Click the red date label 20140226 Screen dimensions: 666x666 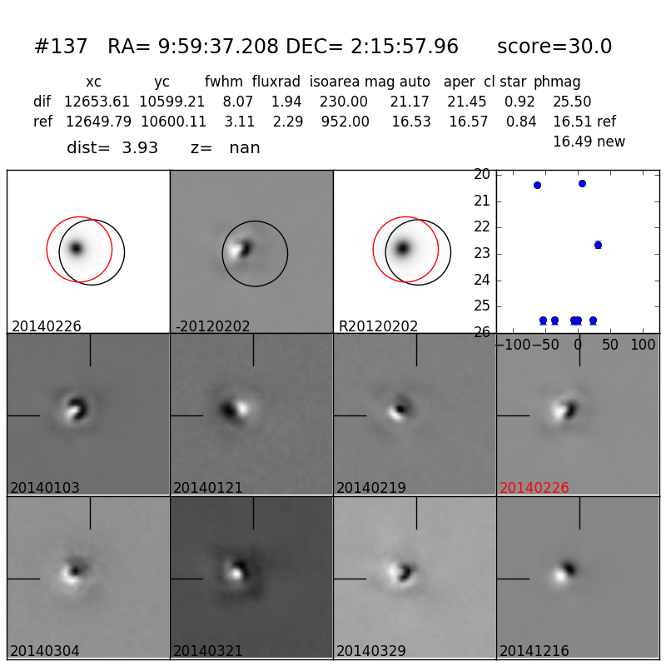(534, 488)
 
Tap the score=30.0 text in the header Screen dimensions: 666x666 (554, 47)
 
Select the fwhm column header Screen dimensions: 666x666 (223, 82)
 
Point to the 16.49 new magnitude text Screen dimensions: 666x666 (589, 142)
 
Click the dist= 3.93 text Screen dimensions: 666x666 (112, 148)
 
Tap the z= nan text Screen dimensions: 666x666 (225, 148)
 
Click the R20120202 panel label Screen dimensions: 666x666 (378, 326)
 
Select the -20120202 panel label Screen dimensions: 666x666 (212, 326)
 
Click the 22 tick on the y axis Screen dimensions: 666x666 (481, 227)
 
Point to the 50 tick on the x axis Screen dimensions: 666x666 (610, 345)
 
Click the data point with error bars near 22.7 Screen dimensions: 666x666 (598, 245)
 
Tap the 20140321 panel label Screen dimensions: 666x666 (208, 651)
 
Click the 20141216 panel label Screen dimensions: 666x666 (534, 651)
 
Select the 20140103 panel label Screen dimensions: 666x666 (45, 488)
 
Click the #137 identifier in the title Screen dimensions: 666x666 (60, 47)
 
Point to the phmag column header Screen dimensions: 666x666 (557, 82)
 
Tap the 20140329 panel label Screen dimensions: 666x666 (371, 651)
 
